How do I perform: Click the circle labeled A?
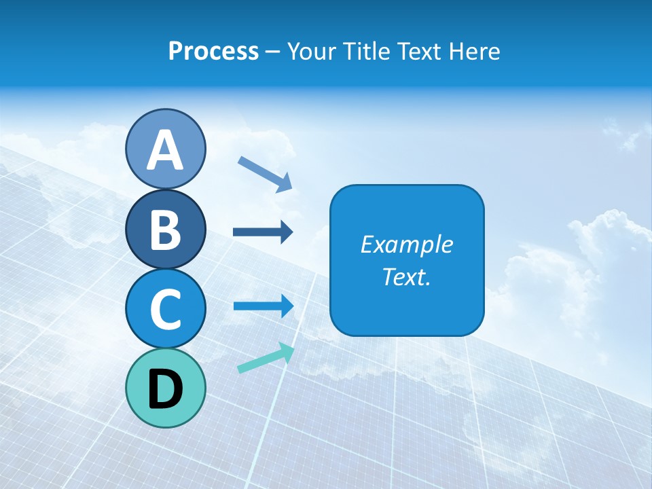point(165,149)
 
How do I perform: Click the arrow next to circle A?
point(265,173)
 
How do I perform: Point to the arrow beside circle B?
point(263,232)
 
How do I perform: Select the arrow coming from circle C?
point(263,306)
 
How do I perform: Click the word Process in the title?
point(213,52)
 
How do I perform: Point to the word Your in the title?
point(310,52)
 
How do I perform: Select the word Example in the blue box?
point(406,244)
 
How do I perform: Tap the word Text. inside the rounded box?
point(406,277)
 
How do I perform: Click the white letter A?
point(165,150)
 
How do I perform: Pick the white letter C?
point(165,309)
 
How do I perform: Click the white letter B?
point(165,230)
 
